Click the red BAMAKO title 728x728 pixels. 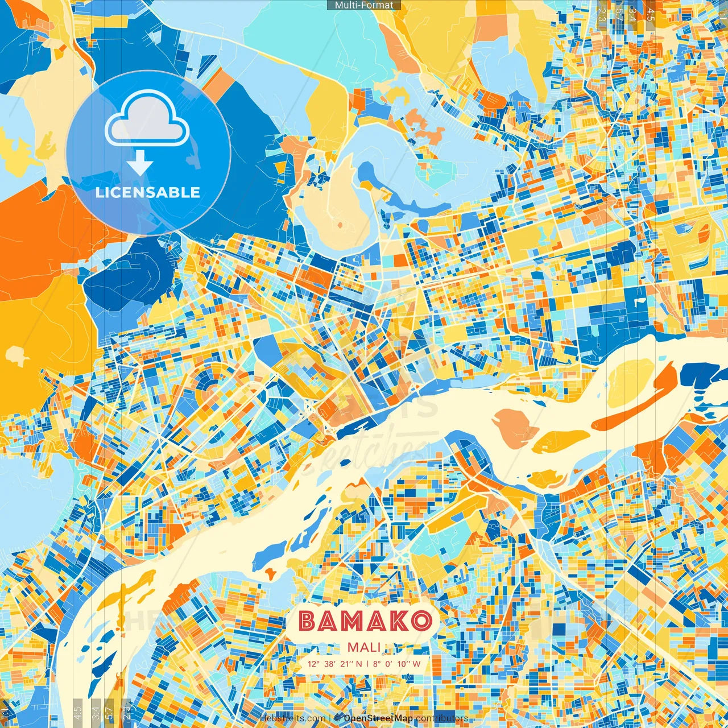[x=365, y=621]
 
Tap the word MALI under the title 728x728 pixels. [x=364, y=647]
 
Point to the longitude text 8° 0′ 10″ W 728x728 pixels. [x=401, y=664]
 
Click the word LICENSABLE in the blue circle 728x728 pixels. [x=148, y=192]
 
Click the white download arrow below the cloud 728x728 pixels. [x=139, y=165]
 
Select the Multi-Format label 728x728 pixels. [x=364, y=5]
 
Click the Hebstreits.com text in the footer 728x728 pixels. [x=293, y=718]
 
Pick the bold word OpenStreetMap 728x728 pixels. [x=378, y=718]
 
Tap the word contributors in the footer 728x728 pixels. [x=442, y=718]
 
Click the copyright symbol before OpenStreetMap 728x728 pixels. [x=338, y=718]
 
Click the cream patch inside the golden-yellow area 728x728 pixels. [x=17, y=356]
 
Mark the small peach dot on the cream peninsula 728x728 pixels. [x=340, y=225]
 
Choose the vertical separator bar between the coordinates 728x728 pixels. [x=367, y=664]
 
